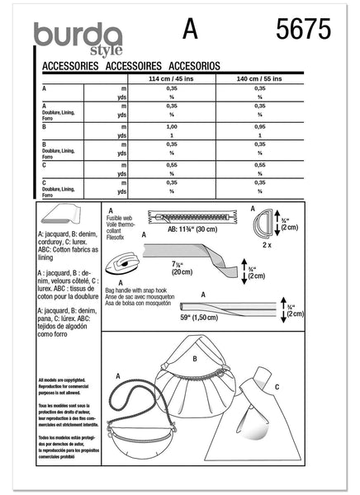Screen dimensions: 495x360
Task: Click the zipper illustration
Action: pyautogui.click(x=198, y=216)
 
